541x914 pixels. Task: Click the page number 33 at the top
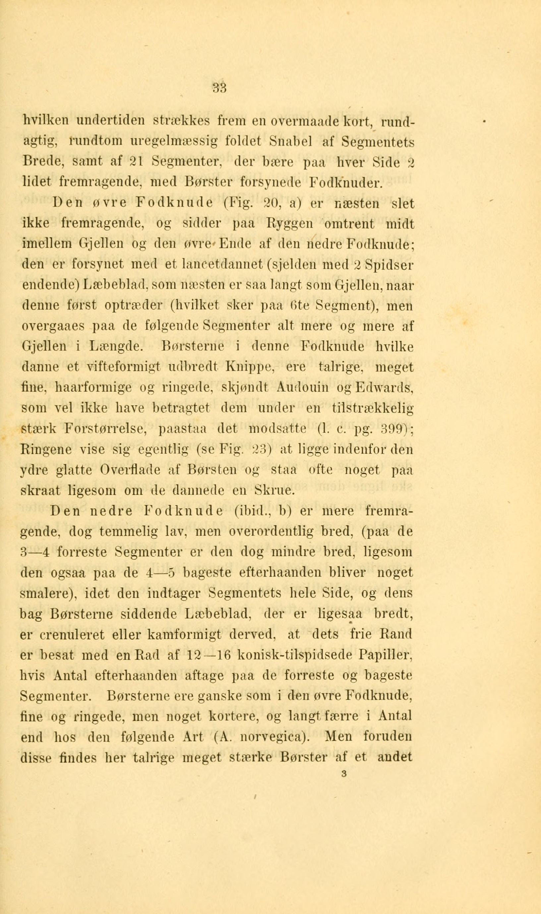[220, 88]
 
